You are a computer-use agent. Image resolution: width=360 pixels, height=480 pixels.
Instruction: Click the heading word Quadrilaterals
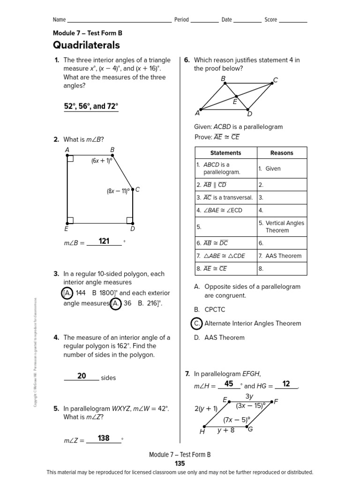[86, 45]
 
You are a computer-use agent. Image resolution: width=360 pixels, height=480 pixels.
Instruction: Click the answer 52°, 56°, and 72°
[91, 106]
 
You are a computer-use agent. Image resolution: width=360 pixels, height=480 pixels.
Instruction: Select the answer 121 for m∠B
[104, 241]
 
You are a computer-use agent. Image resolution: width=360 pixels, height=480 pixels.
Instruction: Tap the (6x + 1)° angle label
[101, 161]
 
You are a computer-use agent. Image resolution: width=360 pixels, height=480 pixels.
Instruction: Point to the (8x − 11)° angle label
[118, 191]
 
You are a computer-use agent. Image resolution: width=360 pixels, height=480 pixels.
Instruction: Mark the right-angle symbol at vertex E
[70, 220]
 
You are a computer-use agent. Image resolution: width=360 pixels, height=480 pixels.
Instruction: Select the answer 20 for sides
[82, 376]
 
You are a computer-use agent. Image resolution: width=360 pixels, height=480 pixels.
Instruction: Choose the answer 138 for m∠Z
[104, 438]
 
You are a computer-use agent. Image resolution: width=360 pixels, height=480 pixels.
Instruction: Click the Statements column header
[225, 153]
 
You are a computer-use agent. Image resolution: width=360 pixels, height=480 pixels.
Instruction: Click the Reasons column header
[282, 153]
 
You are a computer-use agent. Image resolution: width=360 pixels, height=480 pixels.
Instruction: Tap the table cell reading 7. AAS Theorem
[280, 256]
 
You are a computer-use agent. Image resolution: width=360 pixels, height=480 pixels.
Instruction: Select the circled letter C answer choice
[197, 323]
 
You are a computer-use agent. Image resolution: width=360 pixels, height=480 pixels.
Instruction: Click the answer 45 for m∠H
[229, 384]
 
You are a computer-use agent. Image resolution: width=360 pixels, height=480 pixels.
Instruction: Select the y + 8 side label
[225, 430]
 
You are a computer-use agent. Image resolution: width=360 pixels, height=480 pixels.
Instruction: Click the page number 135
[180, 464]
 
